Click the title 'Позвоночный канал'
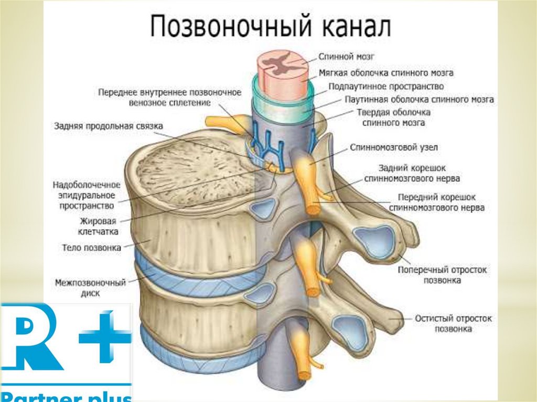[271, 27]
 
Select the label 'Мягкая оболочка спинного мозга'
[386, 73]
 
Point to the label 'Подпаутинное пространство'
[386, 86]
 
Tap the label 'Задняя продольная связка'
[109, 126]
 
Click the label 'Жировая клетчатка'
[100, 226]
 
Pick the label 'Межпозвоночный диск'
[91, 288]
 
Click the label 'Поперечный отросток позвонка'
[442, 275]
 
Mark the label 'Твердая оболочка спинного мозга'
[394, 118]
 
